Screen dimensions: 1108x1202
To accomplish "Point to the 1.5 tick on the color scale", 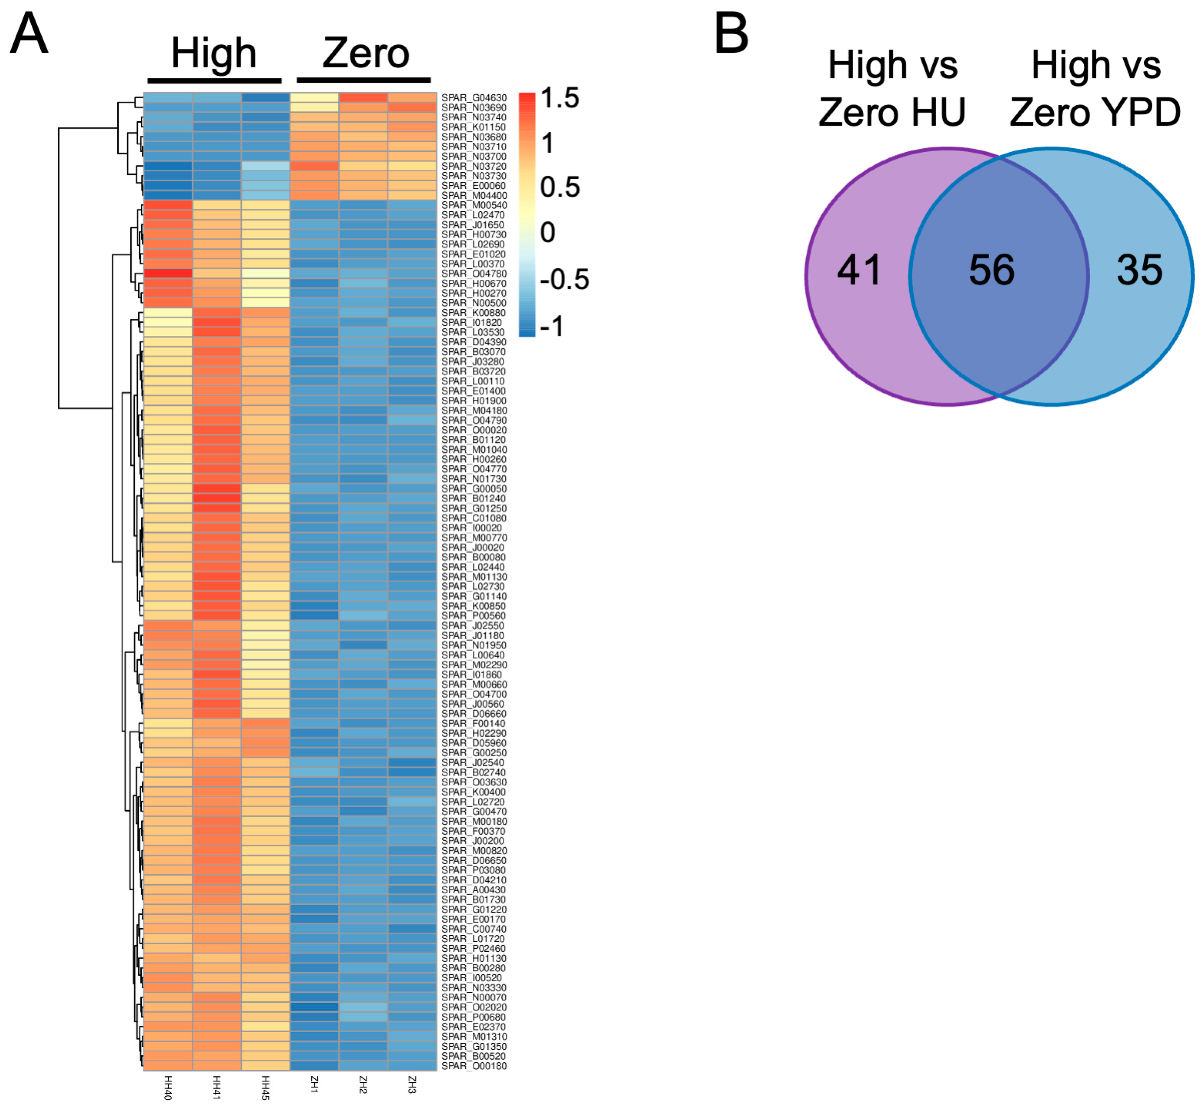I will [560, 98].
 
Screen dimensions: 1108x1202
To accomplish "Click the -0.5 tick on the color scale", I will [564, 279].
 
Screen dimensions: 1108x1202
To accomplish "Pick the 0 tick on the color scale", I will [548, 233].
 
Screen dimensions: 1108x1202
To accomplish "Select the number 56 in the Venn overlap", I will [992, 270].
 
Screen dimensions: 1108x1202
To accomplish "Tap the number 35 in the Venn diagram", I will [1139, 270].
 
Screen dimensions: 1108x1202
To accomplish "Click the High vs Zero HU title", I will [892, 89].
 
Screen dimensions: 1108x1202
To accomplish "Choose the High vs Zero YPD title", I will [1095, 89].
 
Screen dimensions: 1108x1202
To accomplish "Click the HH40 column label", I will [168, 1087].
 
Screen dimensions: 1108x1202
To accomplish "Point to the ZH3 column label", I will [412, 1084].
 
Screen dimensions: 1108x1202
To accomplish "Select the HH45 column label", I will [265, 1087].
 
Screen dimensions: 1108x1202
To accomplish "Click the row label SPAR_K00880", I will [473, 312].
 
